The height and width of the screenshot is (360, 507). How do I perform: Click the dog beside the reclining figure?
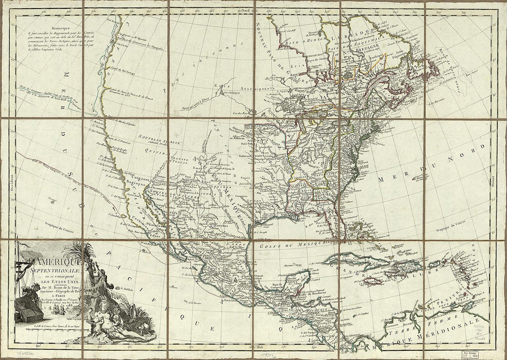[142, 328]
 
